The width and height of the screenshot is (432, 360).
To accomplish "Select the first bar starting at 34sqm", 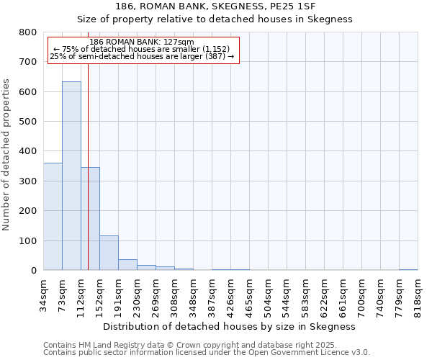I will coord(53,216).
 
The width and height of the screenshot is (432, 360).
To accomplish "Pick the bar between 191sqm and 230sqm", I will coord(127,264).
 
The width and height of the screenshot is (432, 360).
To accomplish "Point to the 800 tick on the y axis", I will coord(28,32).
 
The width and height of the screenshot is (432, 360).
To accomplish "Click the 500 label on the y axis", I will coord(28,122).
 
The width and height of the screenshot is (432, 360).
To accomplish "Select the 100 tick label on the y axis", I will coord(28,240).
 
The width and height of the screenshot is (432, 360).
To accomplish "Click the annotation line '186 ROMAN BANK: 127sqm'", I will coord(142,42).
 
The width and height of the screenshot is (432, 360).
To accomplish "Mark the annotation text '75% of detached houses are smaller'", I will coord(141,49).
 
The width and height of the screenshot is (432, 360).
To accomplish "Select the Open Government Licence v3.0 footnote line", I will coord(207,353).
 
